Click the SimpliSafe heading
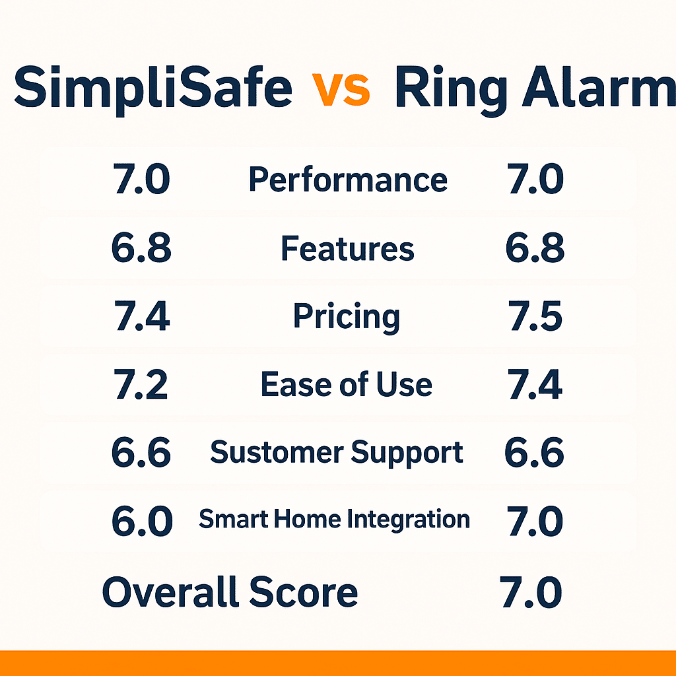pyautogui.click(x=153, y=88)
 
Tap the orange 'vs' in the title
pyautogui.click(x=341, y=88)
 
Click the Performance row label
pyautogui.click(x=348, y=180)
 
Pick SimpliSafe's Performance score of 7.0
pyautogui.click(x=142, y=180)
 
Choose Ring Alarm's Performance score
pyautogui.click(x=535, y=180)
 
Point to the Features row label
pyautogui.click(x=348, y=249)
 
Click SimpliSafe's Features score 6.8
pyautogui.click(x=142, y=249)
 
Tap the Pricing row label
pyautogui.click(x=347, y=317)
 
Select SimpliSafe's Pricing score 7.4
pyautogui.click(x=142, y=318)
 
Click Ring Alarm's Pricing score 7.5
pyautogui.click(x=535, y=318)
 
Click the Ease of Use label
pyautogui.click(x=347, y=385)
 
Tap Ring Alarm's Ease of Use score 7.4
pyautogui.click(x=535, y=386)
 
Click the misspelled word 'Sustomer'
pyautogui.click(x=277, y=453)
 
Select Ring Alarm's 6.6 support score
pyautogui.click(x=534, y=454)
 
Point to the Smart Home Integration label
pyautogui.click(x=335, y=520)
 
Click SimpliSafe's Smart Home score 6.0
pyautogui.click(x=142, y=522)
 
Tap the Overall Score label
pyautogui.click(x=230, y=592)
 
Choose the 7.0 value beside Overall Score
pyautogui.click(x=531, y=592)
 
